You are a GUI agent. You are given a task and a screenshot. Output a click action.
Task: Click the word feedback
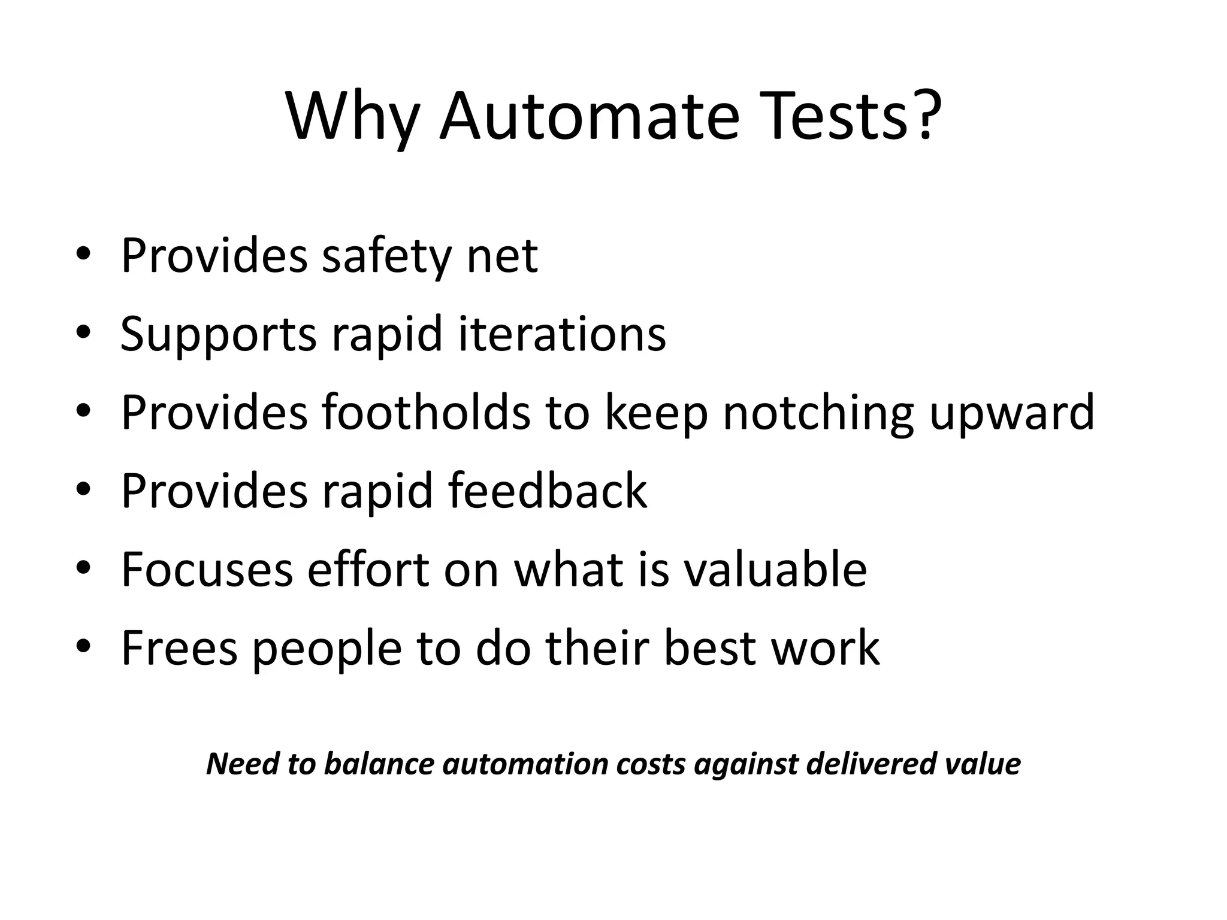548,491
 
